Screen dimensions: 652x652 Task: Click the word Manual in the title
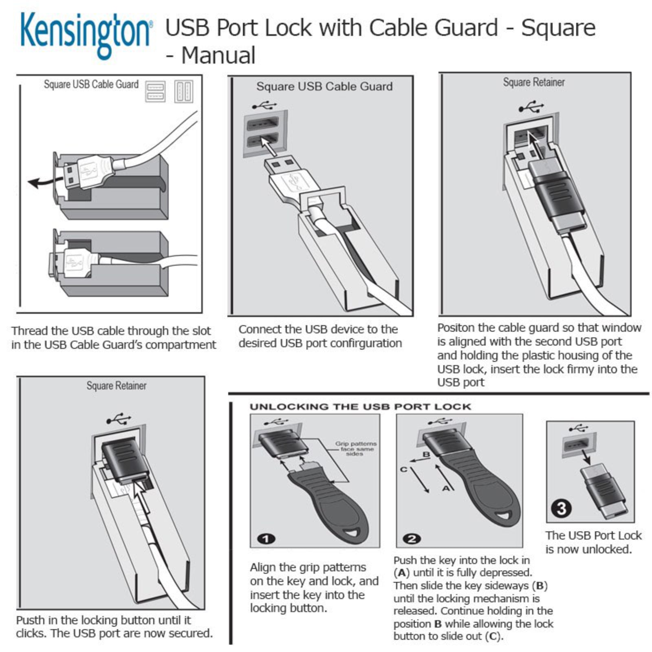[x=218, y=55]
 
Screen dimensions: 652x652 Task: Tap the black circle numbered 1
[x=266, y=539]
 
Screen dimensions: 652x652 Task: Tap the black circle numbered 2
[x=412, y=539]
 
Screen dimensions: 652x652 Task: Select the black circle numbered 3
[x=561, y=508]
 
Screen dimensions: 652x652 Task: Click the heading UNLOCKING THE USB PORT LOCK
[x=360, y=407]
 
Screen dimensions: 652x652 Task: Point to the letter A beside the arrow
[x=447, y=487]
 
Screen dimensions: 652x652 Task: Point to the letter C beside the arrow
[x=404, y=469]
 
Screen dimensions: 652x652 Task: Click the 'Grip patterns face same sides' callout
[x=355, y=449]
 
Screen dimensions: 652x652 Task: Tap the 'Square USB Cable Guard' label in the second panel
[x=324, y=86]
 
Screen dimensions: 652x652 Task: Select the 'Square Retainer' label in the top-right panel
[x=533, y=82]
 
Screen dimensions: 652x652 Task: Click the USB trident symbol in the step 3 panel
[x=577, y=428]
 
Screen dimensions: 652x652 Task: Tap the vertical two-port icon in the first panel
[x=183, y=91]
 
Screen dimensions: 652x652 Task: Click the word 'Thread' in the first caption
[x=29, y=331]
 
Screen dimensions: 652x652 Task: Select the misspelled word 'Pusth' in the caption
[x=31, y=620]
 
